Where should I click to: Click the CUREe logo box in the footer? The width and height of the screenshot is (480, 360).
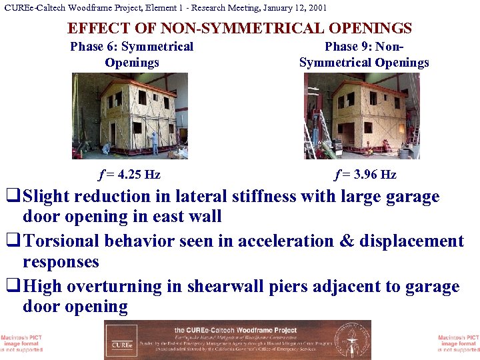tap(121, 340)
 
